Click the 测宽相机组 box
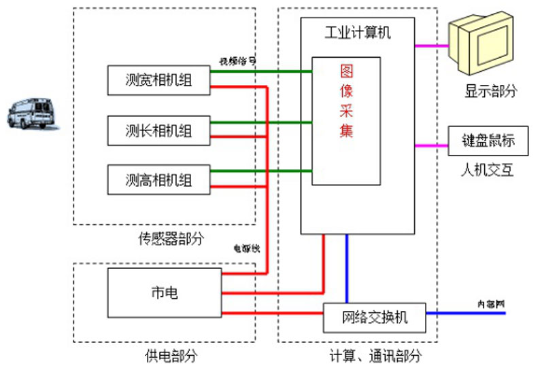[158, 80]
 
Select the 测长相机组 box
[158, 130]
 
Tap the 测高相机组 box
[158, 180]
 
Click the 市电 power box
[164, 293]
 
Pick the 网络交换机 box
[374, 316]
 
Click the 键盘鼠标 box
[488, 141]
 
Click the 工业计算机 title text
[358, 31]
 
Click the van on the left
[31, 113]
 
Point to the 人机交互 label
[487, 170]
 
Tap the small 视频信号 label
[237, 60]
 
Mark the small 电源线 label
[246, 249]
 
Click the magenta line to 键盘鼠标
[431, 145]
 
